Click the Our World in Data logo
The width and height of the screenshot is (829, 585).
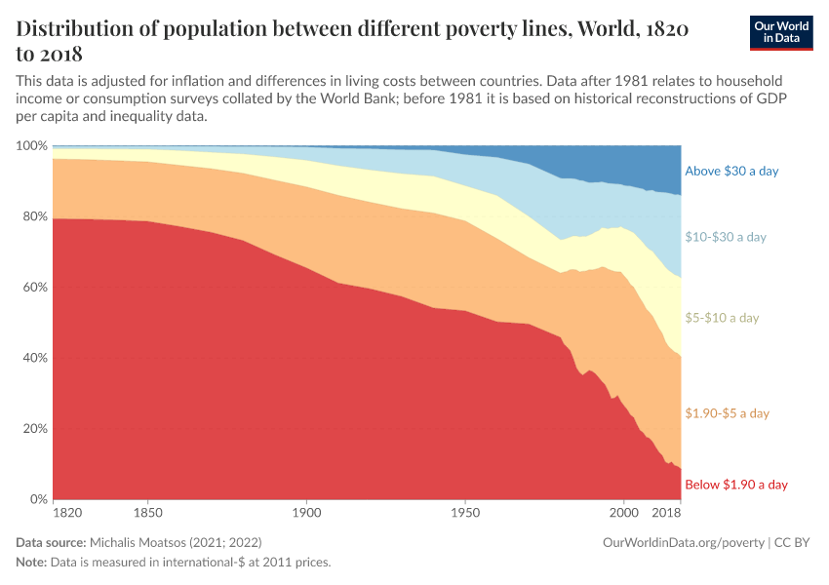pos(781,33)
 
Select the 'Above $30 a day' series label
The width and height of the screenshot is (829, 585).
pos(731,172)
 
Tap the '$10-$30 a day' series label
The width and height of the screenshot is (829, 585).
pos(726,237)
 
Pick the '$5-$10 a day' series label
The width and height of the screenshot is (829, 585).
pos(722,318)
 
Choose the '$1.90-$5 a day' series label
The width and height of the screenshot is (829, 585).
pos(728,413)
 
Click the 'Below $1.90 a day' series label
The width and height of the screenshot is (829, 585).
pos(735,485)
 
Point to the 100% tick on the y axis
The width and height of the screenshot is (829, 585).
pos(31,146)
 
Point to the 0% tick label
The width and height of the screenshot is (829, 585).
pos(37,499)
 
